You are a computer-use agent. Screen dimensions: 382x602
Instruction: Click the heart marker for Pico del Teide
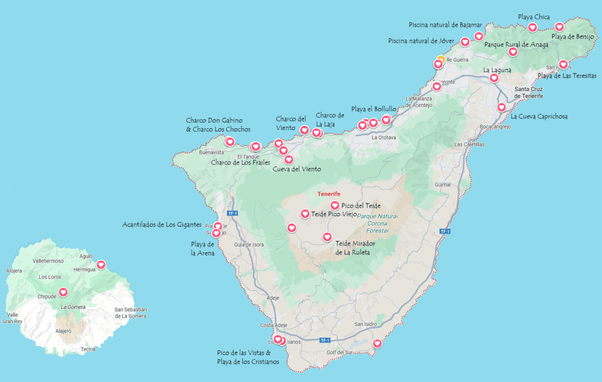point(335,205)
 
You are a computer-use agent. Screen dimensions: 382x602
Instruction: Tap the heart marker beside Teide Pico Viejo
point(305,214)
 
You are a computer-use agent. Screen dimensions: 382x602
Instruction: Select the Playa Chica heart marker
point(532,28)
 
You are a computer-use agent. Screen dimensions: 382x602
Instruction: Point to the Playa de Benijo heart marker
point(559,26)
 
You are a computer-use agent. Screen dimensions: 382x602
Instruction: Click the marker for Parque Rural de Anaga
point(513,52)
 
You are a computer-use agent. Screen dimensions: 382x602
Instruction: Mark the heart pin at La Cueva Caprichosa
point(501,107)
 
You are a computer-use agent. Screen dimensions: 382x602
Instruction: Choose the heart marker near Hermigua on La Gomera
point(101,265)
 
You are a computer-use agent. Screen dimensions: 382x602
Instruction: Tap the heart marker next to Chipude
point(63,292)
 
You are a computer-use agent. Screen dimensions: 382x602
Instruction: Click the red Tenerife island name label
point(329,194)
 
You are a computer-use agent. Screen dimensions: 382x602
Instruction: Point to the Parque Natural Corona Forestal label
point(377,224)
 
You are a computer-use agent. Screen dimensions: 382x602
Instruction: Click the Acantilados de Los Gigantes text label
point(162,225)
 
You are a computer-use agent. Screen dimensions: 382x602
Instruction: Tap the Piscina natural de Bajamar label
point(445,25)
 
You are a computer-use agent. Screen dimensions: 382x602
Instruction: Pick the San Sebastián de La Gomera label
point(131,313)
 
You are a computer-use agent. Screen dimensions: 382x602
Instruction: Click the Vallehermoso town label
point(48,260)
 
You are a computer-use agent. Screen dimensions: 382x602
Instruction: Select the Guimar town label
point(442,184)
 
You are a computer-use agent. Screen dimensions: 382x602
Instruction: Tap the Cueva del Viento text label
point(297,169)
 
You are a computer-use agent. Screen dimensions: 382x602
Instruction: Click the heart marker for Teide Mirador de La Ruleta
point(327,237)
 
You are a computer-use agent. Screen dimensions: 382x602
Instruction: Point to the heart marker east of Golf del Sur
point(377,344)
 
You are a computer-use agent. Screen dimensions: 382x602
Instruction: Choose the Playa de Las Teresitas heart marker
point(563,64)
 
